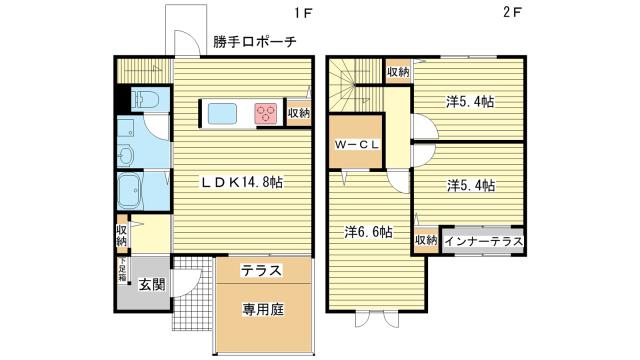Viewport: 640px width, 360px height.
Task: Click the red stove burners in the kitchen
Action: click(266, 112)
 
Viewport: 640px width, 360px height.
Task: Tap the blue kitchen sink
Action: click(221, 112)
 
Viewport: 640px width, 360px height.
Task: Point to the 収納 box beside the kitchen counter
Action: click(298, 112)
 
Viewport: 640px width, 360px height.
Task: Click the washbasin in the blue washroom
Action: click(127, 155)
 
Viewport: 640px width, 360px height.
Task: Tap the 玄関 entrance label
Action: click(151, 284)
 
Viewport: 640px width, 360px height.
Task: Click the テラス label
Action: click(261, 271)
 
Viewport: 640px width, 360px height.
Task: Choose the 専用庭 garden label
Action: click(263, 309)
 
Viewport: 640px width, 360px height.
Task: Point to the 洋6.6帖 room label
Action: click(370, 232)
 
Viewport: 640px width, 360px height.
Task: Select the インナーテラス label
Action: click(482, 241)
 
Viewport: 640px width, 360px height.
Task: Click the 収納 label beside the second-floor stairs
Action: click(398, 72)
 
